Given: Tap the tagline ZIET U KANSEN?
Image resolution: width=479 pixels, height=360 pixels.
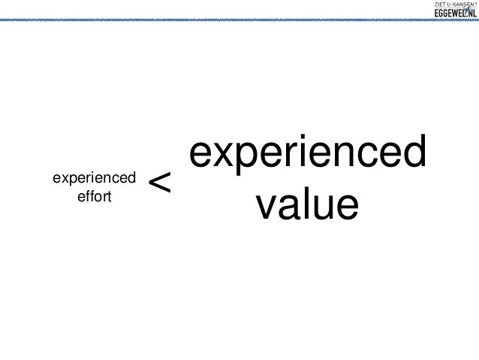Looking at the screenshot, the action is point(454,5).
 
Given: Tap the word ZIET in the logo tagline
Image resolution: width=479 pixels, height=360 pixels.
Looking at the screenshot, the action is point(440,5).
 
